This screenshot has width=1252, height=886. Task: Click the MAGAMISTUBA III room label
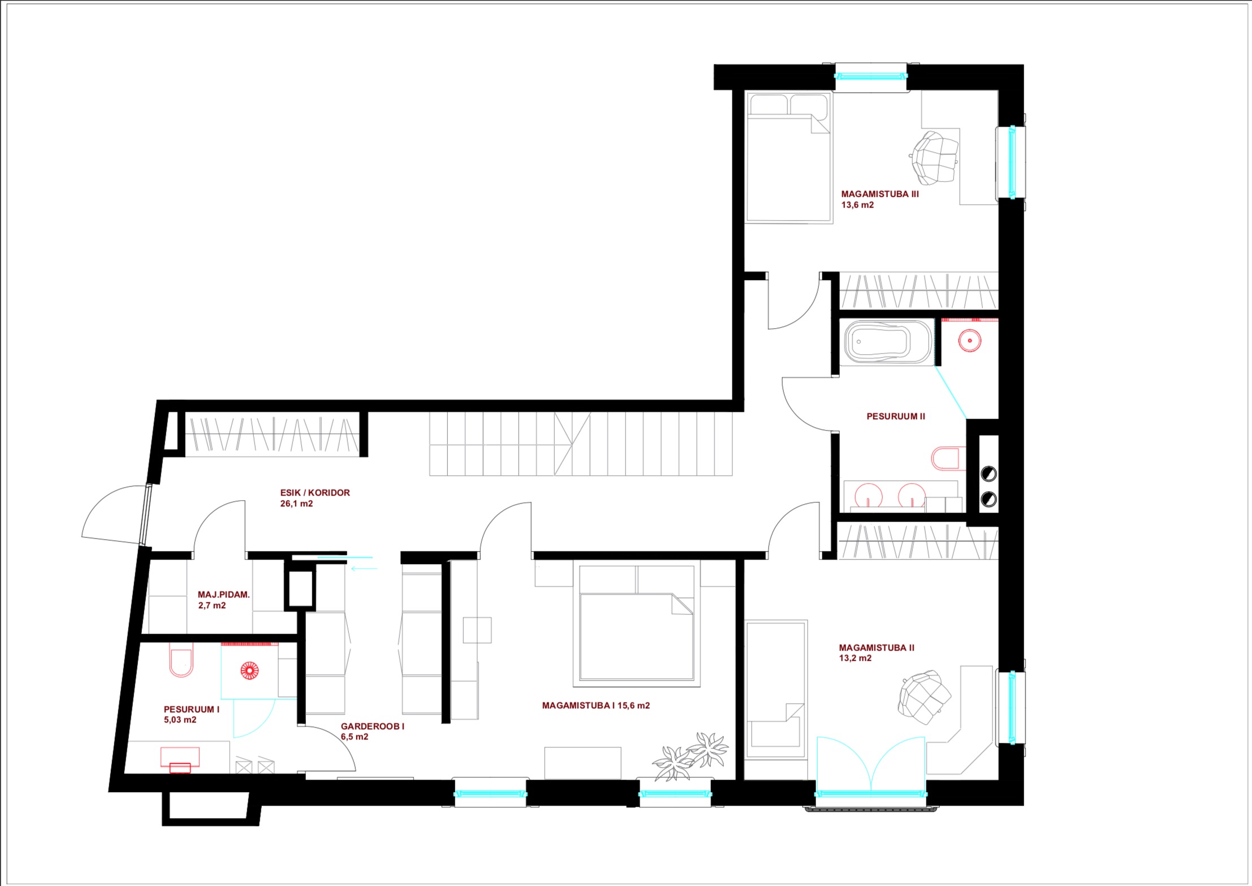(x=880, y=194)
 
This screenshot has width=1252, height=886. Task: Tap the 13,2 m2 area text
(x=855, y=658)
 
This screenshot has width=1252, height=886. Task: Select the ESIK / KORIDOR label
(x=315, y=493)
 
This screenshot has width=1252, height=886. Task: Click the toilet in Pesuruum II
(x=948, y=459)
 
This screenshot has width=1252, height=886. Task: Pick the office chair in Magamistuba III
(x=935, y=158)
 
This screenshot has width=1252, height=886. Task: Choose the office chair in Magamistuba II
(x=924, y=697)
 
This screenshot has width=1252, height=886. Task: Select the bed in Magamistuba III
(x=789, y=157)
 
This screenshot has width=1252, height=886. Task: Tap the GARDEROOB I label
(x=373, y=726)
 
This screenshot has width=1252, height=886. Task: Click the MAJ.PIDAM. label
(x=223, y=595)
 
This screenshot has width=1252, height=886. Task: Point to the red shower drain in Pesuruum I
(x=249, y=670)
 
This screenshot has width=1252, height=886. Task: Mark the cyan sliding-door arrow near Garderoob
(x=364, y=567)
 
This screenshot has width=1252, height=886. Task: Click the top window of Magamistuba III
(x=871, y=76)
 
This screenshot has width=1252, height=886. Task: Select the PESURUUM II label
(x=896, y=416)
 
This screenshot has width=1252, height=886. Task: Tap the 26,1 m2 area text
(x=296, y=504)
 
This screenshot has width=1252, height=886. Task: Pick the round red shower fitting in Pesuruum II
(x=970, y=341)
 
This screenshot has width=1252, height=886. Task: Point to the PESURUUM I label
(x=192, y=709)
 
